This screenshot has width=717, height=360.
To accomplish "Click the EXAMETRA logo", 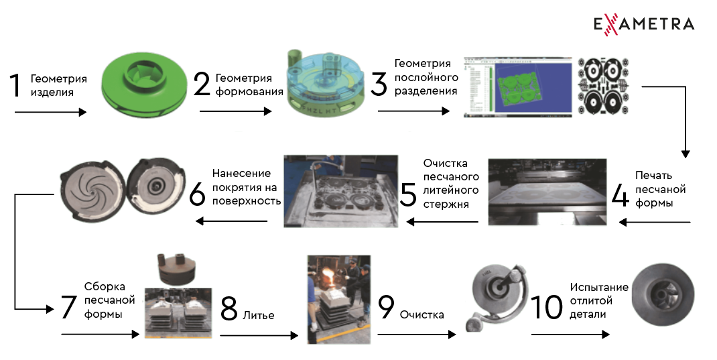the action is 643,24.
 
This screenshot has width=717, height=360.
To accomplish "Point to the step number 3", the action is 379,86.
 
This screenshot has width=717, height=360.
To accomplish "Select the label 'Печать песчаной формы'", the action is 659,189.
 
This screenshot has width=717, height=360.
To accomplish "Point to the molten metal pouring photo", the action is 338,298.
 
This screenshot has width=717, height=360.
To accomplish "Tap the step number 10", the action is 547,307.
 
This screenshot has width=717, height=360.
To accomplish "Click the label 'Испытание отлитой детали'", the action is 599,301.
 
